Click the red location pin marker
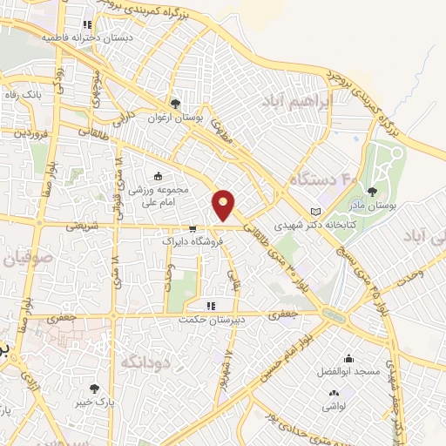pyautogui.click(x=225, y=205)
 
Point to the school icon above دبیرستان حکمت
pyautogui.click(x=210, y=307)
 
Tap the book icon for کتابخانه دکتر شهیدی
pyautogui.click(x=315, y=212)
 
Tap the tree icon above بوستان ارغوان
pyautogui.click(x=178, y=105)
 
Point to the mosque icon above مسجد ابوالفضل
pyautogui.click(x=349, y=359)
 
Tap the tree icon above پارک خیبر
pyautogui.click(x=94, y=389)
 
